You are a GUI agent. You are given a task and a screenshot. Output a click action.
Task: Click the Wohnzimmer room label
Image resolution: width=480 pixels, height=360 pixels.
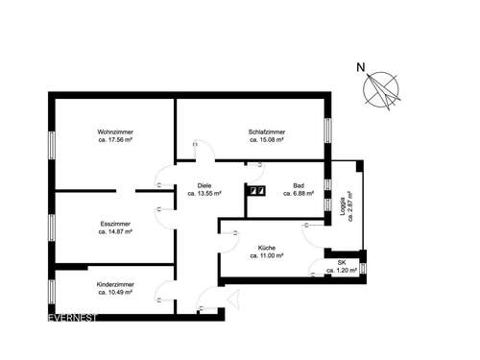(114, 132)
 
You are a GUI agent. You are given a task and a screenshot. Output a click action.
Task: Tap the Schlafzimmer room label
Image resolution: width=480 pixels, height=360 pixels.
(267, 132)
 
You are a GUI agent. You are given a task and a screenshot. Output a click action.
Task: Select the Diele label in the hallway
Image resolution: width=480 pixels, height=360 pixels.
(204, 185)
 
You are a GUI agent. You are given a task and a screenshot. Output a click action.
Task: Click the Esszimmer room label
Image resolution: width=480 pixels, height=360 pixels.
(114, 225)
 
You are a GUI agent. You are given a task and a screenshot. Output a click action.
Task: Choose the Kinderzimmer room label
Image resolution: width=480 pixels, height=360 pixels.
(115, 284)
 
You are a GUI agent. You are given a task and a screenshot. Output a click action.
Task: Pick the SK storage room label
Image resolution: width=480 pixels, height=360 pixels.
(341, 263)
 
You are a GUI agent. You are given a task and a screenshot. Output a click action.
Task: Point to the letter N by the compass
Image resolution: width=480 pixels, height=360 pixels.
(360, 67)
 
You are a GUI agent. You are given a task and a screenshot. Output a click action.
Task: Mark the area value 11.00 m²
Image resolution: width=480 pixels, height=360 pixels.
(266, 256)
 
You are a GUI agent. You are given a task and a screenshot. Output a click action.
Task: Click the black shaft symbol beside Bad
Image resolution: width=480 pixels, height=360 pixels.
(256, 190)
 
